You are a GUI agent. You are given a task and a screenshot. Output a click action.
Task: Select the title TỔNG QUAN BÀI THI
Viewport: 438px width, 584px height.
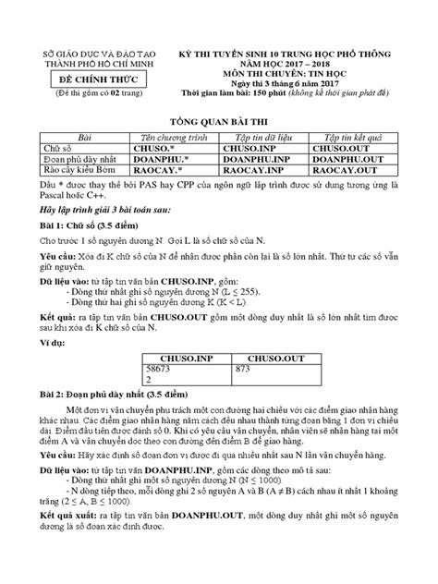[218, 122]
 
